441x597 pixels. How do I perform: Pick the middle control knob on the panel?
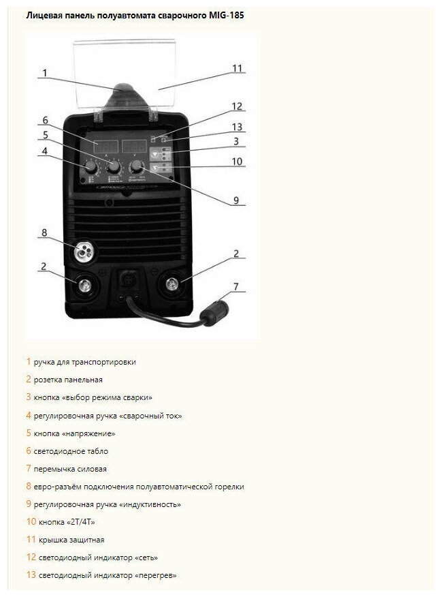click(114, 167)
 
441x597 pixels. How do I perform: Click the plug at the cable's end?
click(219, 315)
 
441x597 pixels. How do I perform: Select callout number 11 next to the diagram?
click(237, 68)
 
